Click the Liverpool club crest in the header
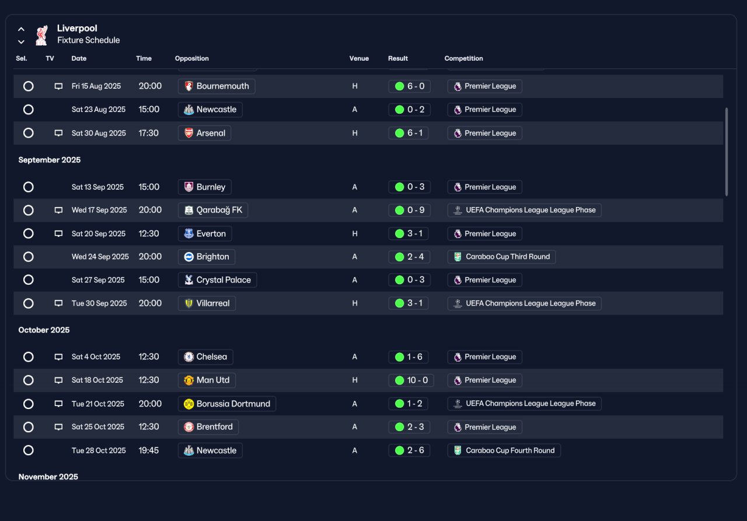(41, 35)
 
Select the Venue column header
(359, 58)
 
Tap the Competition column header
(463, 58)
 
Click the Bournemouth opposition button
(217, 86)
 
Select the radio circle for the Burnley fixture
(29, 187)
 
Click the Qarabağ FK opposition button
(213, 210)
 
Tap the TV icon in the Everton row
(58, 234)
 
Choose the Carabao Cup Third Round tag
(501, 257)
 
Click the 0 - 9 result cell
(409, 210)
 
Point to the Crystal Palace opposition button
(217, 280)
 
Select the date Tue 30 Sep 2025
(99, 303)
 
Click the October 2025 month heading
(44, 330)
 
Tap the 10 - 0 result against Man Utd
(411, 380)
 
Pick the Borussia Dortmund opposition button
(227, 404)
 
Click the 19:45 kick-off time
(149, 450)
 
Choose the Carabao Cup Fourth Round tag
(504, 450)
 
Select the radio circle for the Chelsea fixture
(29, 357)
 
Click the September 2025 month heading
(50, 160)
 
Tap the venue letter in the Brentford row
(354, 427)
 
